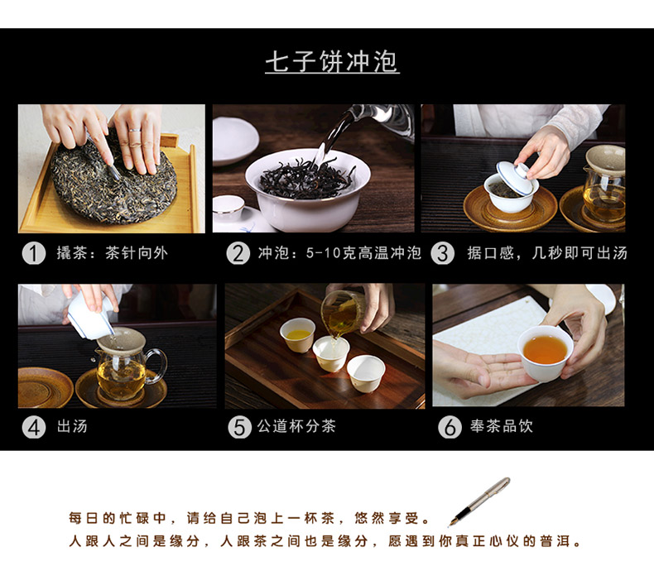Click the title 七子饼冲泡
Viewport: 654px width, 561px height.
[x=332, y=62]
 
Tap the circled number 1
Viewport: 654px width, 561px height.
[x=34, y=253]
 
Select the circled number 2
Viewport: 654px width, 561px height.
[x=238, y=253]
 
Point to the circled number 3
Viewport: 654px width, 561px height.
[x=443, y=253]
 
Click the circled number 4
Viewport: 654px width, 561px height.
[x=34, y=427]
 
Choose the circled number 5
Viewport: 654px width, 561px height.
[x=240, y=427]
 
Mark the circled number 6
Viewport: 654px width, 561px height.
[x=450, y=427]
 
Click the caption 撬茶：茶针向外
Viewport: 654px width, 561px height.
[x=113, y=253]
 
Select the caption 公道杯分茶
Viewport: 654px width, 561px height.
[x=296, y=426]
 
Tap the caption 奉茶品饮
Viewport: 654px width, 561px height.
[x=502, y=426]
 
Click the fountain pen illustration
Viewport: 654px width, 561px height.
[x=478, y=501]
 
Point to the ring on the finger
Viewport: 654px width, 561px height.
[x=135, y=131]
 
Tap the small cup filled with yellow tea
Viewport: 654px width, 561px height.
[x=298, y=334]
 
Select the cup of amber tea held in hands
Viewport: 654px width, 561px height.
[x=546, y=352]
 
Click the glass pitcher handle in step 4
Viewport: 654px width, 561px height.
[x=156, y=365]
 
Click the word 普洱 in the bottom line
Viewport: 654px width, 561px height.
[x=555, y=541]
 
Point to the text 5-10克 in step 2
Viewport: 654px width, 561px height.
[x=324, y=253]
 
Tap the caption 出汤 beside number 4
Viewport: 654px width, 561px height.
[x=72, y=426]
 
